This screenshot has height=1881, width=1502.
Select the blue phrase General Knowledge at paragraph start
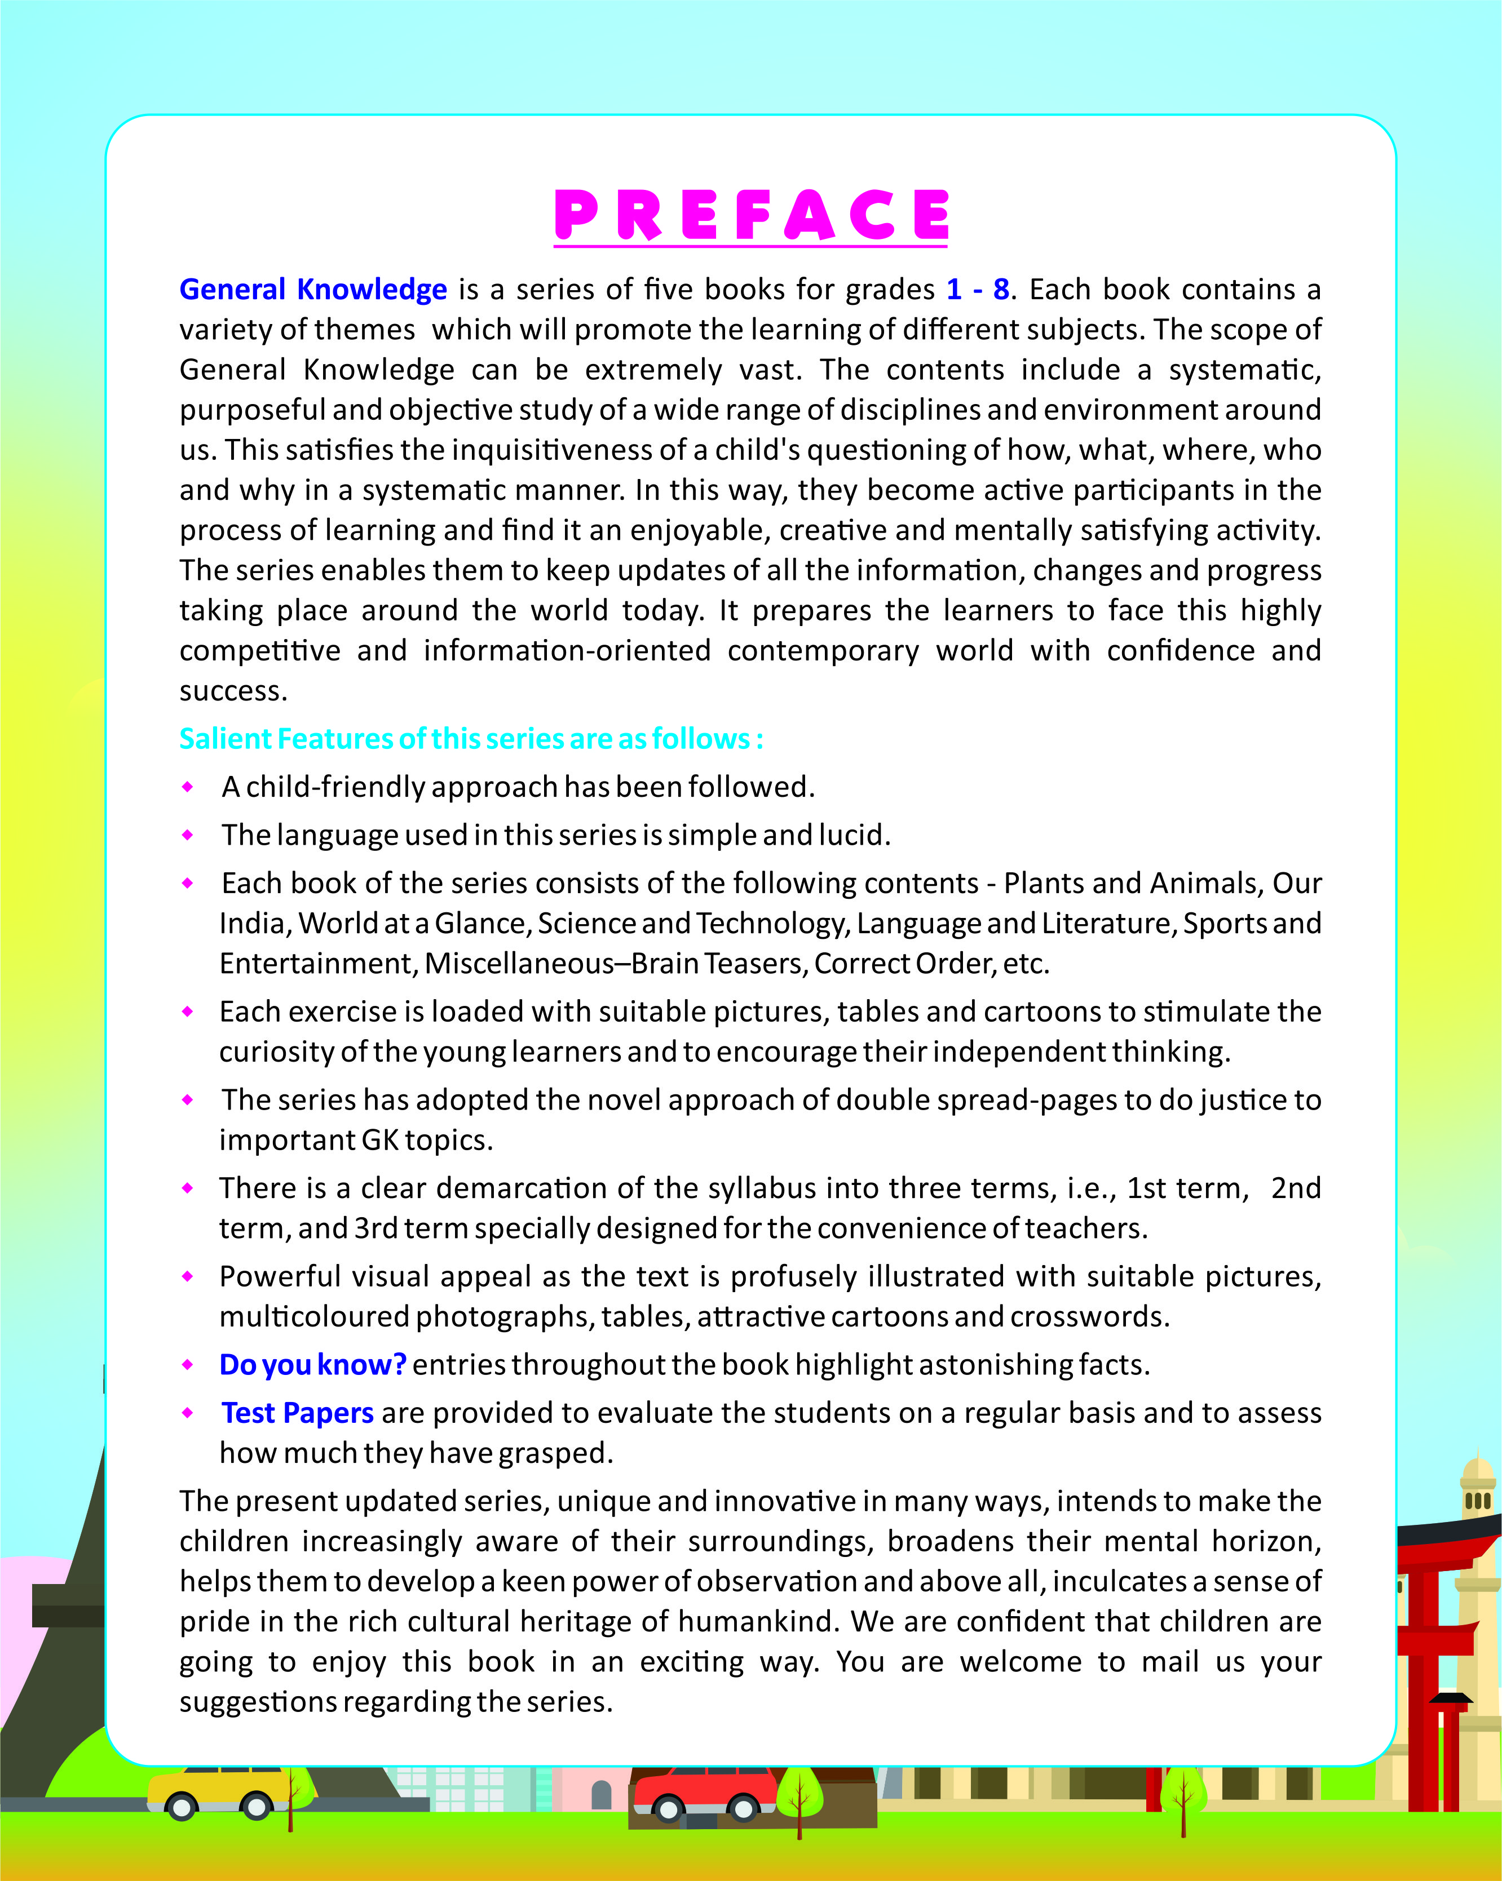tap(312, 290)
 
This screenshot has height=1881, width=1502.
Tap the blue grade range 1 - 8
tap(978, 290)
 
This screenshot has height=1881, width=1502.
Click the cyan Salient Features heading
tap(471, 739)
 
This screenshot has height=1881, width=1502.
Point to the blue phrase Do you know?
tap(312, 1364)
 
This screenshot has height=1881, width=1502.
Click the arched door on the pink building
tap(602, 1795)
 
